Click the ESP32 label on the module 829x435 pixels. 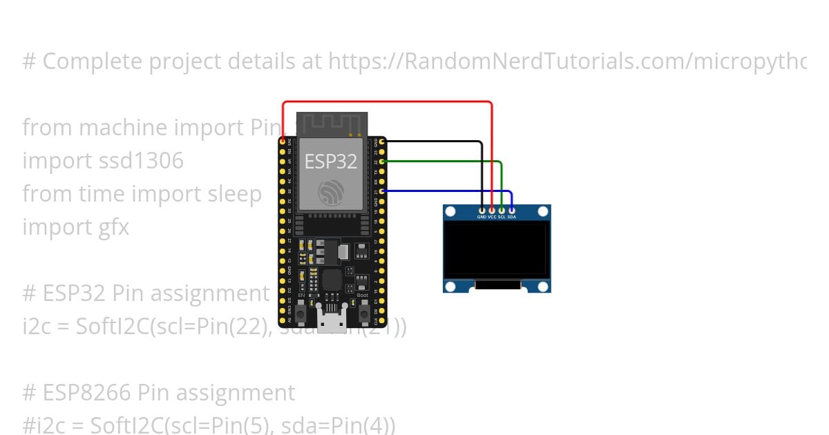331,162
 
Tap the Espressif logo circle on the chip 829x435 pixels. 331,192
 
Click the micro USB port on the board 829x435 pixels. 331,318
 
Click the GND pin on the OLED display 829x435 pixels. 482,209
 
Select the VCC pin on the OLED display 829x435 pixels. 492,209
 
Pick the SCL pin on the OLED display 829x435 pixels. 502,209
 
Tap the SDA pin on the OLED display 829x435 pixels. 511,209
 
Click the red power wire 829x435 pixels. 387,102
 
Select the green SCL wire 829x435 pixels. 442,161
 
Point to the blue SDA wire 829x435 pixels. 449,191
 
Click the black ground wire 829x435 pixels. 435,142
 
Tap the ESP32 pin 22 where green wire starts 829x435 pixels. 383,161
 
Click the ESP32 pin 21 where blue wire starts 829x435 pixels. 383,191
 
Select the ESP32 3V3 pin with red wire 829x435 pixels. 283,141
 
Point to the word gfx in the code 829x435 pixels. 111,227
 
